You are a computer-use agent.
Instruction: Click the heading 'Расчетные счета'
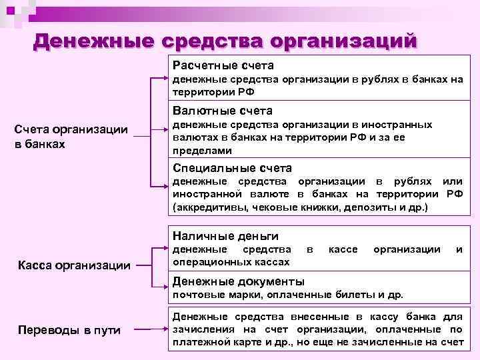coord(223,66)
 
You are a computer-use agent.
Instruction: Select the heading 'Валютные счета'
coord(222,110)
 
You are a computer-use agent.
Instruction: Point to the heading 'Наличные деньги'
coord(225,235)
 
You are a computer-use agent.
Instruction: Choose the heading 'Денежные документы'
coord(238,281)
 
